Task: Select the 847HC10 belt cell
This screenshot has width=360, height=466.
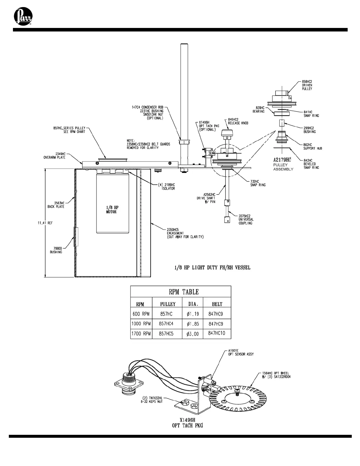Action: coord(217,333)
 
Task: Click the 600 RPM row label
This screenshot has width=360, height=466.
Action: coord(141,314)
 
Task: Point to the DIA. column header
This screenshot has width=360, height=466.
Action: coord(193,304)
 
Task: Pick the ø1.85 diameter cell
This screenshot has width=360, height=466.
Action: coord(193,324)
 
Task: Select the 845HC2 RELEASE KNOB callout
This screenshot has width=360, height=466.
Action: coord(238,121)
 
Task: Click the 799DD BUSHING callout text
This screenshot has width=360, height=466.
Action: coord(56,250)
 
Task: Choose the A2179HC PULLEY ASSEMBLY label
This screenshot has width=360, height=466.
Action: coord(283,164)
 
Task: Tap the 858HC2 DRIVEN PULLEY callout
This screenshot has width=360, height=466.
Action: coord(307,85)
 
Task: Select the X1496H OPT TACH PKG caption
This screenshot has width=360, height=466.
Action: coord(187,423)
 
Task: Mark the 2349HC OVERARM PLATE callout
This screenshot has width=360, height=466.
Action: coord(54,155)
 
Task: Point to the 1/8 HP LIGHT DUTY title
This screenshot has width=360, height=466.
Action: coord(212,267)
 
